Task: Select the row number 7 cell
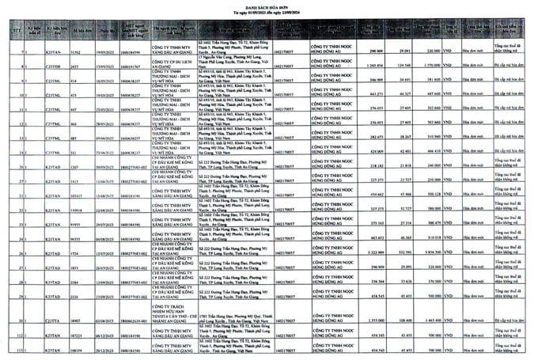point(7,50)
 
